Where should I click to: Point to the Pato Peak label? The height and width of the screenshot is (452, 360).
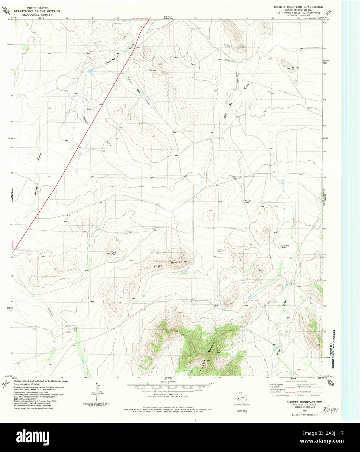tap(113, 253)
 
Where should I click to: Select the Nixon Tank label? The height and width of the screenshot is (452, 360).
tap(220, 250)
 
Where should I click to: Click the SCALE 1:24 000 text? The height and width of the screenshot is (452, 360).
tap(168, 381)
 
